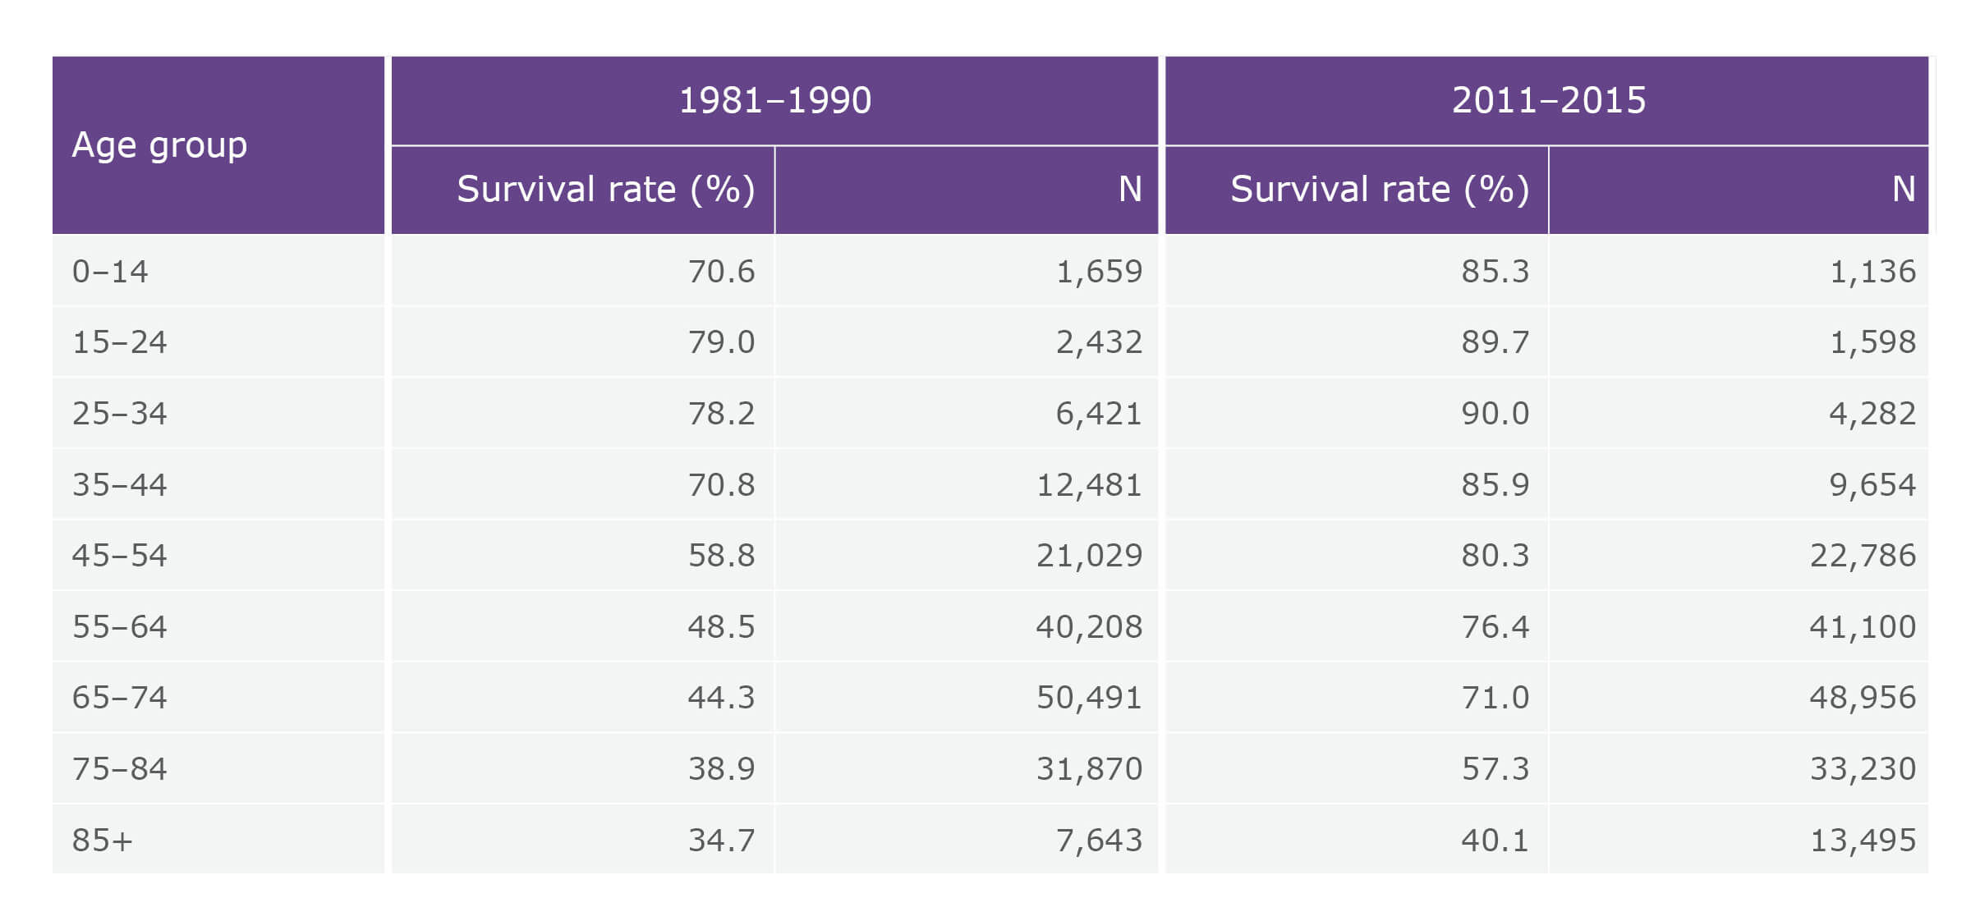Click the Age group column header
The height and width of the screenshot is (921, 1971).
159,145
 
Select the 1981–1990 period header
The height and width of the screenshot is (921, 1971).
774,100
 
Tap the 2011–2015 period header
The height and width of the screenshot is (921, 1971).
1548,100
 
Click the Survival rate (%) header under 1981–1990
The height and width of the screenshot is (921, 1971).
605,190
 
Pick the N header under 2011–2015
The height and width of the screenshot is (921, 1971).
1903,190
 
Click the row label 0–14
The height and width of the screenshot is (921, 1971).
110,272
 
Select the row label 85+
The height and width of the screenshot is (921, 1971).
102,841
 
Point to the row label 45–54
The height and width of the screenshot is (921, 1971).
119,556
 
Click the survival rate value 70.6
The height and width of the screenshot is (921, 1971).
721,272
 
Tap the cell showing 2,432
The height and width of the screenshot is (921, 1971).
1098,342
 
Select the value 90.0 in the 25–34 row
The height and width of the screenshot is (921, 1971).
1495,414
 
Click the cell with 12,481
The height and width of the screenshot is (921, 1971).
1088,485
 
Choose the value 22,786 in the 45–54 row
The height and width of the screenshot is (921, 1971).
1862,556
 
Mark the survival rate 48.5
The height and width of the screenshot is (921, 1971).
721,627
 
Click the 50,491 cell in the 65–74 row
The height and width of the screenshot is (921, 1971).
1088,698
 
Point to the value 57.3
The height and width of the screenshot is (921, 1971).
1495,769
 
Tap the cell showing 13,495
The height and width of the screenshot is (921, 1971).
1862,841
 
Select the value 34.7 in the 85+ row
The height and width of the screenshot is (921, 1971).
721,841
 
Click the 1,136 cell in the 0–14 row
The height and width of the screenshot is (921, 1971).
1872,272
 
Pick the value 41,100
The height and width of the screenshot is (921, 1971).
1862,627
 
